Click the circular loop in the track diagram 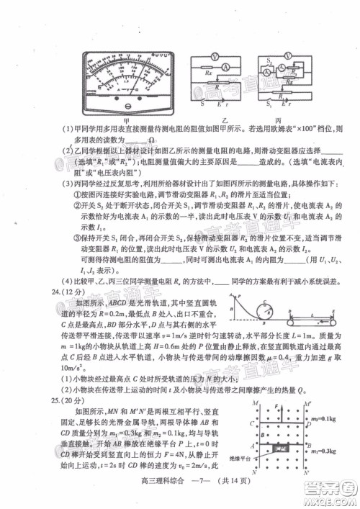(271, 311)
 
